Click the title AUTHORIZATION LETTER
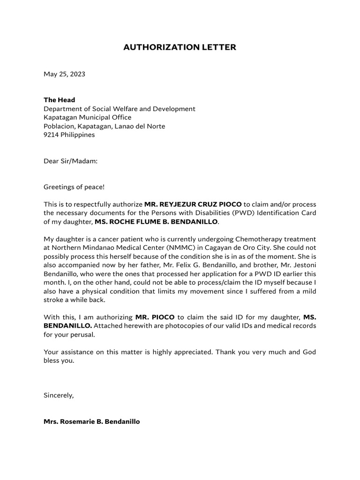tap(180, 47)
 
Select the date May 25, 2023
tap(64, 74)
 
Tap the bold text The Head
tap(59, 100)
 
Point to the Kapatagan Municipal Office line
tap(87, 117)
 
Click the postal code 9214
tap(52, 135)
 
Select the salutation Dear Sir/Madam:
tap(70, 161)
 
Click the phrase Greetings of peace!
tap(74, 187)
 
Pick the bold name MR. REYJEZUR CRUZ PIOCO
tap(193, 204)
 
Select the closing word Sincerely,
tap(59, 395)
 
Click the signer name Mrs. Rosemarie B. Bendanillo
tap(91, 421)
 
